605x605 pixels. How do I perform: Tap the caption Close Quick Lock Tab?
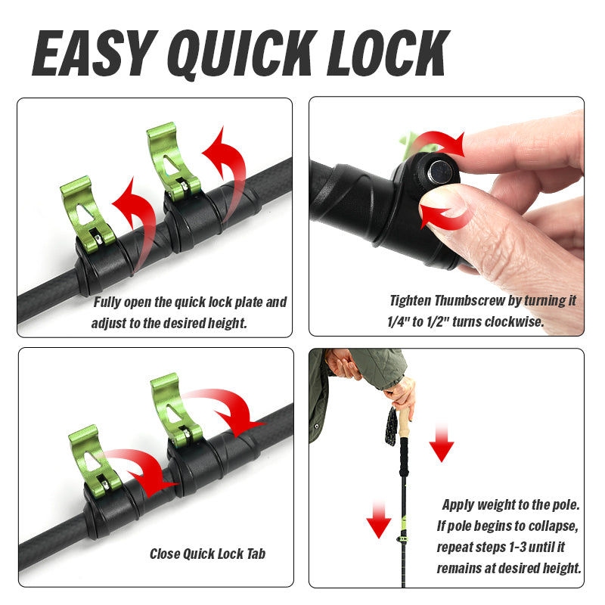coord(207,554)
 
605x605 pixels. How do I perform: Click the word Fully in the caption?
coord(109,302)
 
